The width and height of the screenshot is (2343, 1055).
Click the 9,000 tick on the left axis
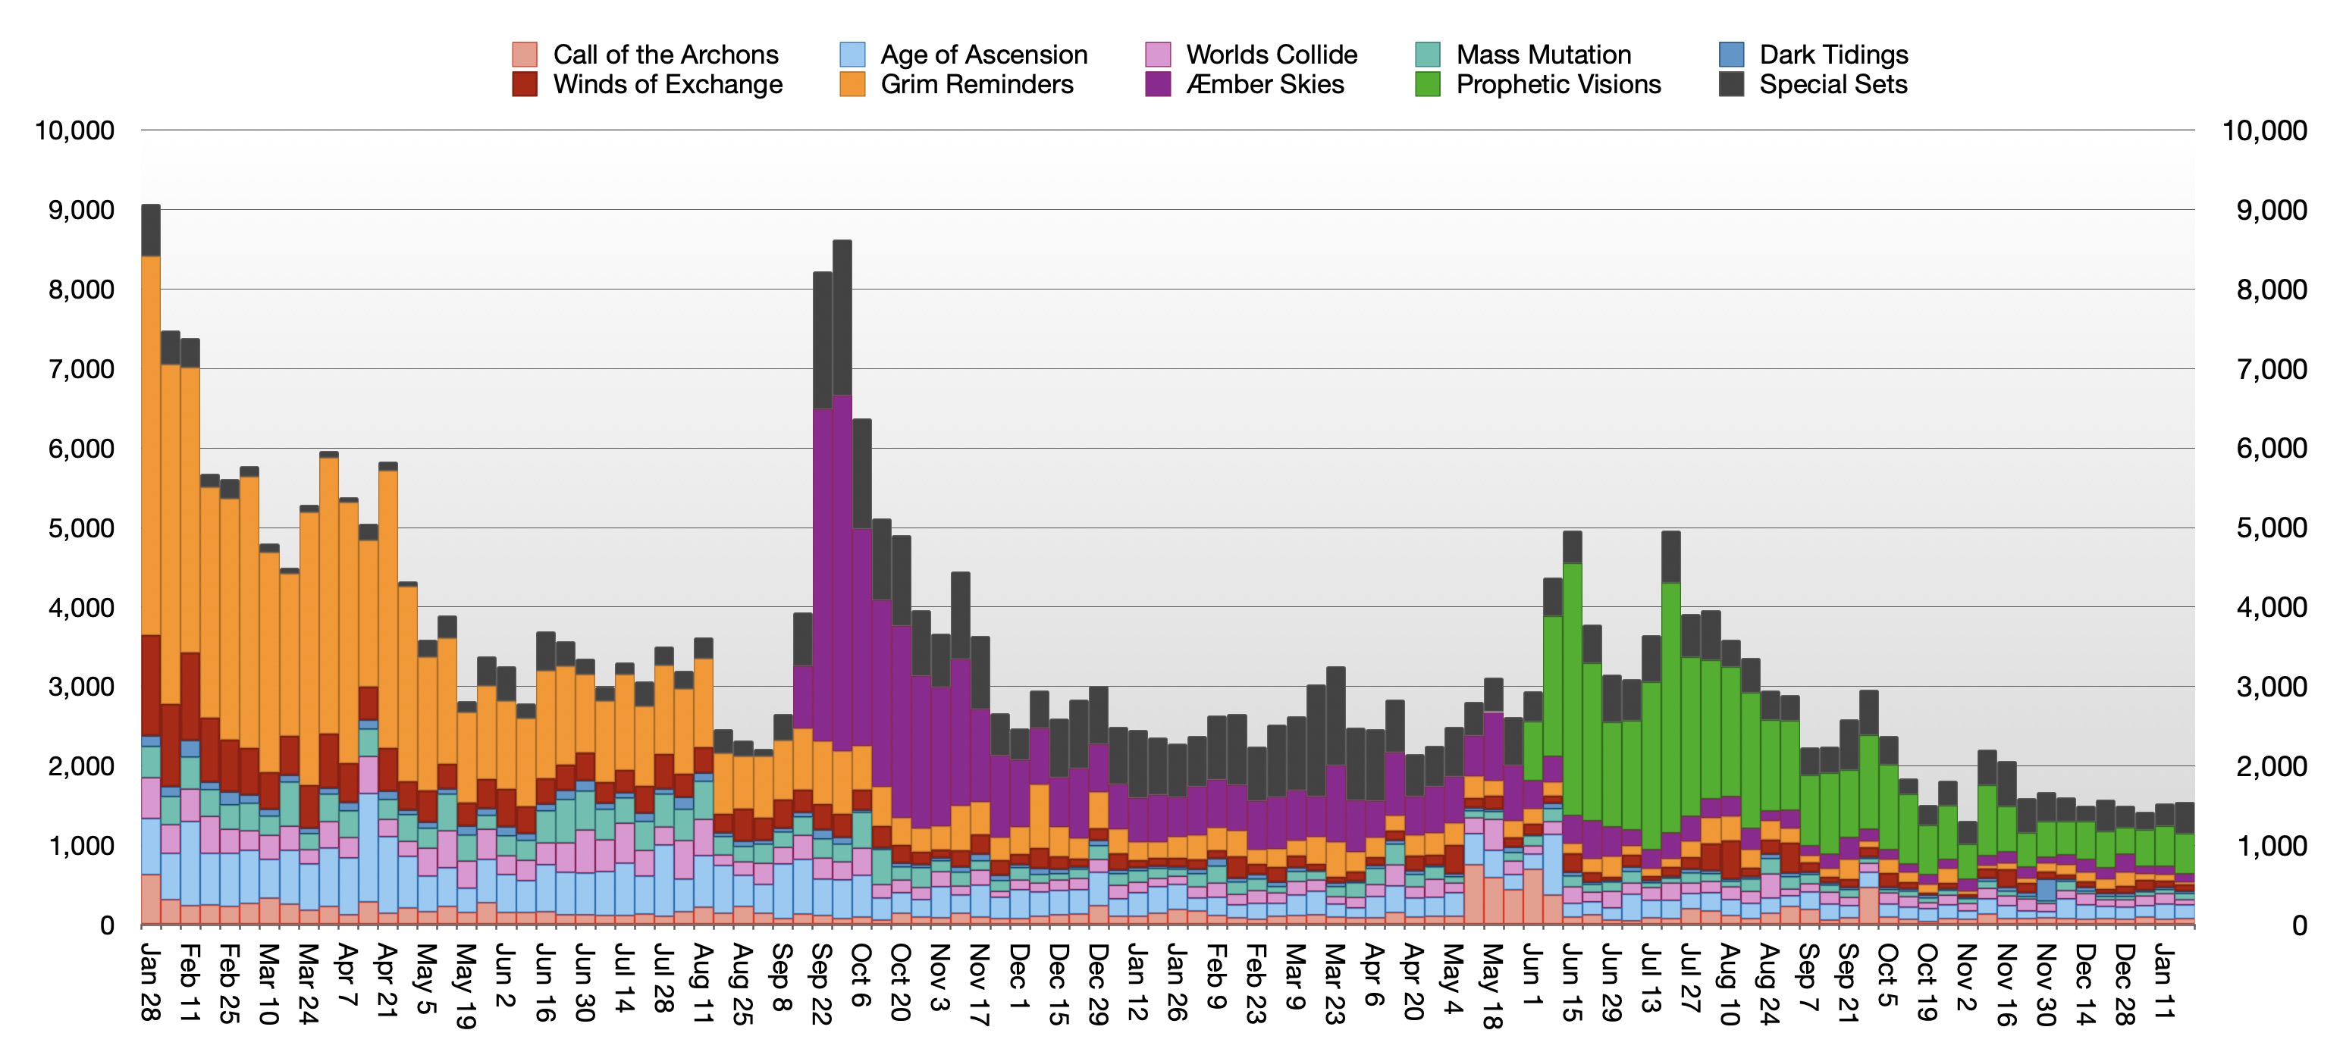click(x=81, y=210)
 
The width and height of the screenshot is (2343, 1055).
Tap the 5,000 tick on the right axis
click(x=2272, y=527)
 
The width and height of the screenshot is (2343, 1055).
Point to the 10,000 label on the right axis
click(x=2265, y=130)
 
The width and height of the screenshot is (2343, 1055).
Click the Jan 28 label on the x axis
click(x=151, y=982)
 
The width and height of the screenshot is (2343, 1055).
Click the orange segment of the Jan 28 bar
click(x=151, y=446)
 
